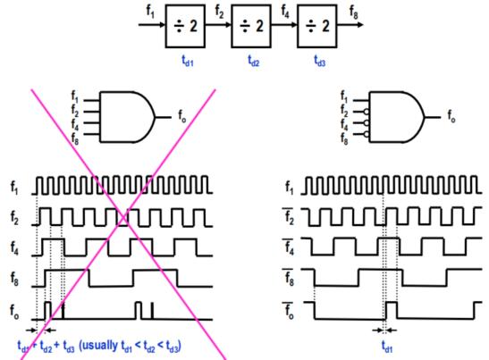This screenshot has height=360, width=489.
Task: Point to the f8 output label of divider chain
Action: (x=354, y=13)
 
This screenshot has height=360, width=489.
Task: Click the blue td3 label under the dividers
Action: (x=320, y=61)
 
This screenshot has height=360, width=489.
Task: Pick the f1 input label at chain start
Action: (x=150, y=12)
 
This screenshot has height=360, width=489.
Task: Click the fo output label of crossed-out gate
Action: (x=181, y=116)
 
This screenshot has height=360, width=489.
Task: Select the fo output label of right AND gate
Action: (x=451, y=116)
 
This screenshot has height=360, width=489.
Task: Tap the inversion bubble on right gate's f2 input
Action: (x=367, y=112)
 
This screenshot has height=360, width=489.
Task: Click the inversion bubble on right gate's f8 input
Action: (x=367, y=134)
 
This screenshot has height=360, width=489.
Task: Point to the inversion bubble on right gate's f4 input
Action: (x=367, y=122)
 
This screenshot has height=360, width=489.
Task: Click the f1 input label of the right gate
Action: (x=344, y=96)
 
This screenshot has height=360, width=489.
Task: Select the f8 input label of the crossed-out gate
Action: (x=75, y=138)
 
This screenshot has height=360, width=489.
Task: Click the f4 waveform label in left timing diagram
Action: (x=14, y=248)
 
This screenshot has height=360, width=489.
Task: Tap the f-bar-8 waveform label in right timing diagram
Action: (x=289, y=277)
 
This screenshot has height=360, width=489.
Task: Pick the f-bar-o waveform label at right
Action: (x=288, y=311)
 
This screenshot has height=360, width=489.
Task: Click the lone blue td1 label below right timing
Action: (x=387, y=347)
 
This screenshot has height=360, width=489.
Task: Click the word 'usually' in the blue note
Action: (x=100, y=346)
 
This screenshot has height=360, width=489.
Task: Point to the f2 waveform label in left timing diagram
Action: (x=14, y=218)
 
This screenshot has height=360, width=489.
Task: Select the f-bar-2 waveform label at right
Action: (x=289, y=216)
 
